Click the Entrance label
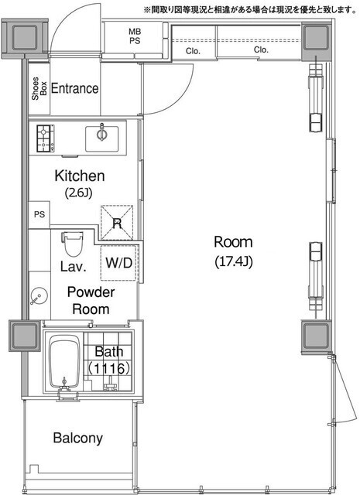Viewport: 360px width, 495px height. click(74, 88)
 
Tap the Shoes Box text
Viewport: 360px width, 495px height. click(39, 89)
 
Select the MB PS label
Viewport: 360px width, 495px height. click(135, 36)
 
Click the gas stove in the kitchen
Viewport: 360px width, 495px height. click(46, 138)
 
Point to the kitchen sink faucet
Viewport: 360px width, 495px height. click(101, 133)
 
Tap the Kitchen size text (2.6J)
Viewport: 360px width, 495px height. click(79, 193)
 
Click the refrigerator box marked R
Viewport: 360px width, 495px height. click(117, 223)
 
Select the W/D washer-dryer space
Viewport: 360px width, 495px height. click(118, 263)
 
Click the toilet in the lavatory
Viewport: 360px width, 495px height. click(72, 244)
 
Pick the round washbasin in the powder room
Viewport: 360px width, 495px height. click(39, 296)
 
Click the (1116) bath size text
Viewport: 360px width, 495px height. click(109, 368)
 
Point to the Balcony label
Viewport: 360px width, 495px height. click(77, 439)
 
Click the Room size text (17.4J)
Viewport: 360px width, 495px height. click(234, 261)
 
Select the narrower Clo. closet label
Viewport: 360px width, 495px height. click(193, 51)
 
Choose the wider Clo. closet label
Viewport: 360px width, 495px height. click(261, 49)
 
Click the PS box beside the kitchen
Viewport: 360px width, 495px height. click(39, 215)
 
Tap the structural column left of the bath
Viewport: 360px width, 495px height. click(24, 336)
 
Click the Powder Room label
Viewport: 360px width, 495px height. click(91, 301)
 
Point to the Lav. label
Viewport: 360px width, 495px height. click(74, 267)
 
